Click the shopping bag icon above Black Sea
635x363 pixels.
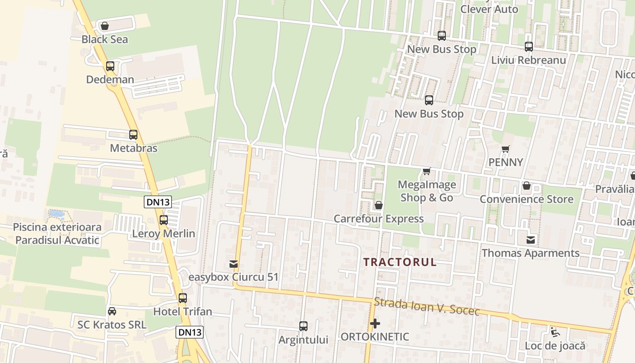pyautogui.click(x=105, y=26)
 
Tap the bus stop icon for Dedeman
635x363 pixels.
pyautogui.click(x=110, y=66)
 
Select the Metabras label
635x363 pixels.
pyautogui.click(x=133, y=148)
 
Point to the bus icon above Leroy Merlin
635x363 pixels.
pyautogui.click(x=164, y=220)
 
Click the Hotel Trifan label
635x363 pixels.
pyautogui.click(x=182, y=312)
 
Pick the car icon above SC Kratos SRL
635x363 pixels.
pyautogui.click(x=112, y=311)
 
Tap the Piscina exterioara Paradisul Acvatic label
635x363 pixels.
pyautogui.click(x=57, y=234)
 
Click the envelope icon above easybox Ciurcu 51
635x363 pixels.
pyautogui.click(x=234, y=264)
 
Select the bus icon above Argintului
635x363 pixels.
pyautogui.click(x=303, y=326)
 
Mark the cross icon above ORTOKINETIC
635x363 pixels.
pyautogui.click(x=375, y=324)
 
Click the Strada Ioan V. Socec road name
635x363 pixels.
pyautogui.click(x=426, y=307)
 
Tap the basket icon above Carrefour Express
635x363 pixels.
pyautogui.click(x=379, y=206)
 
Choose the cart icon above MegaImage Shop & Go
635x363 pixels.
pyautogui.click(x=426, y=171)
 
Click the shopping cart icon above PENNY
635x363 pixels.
pyautogui.click(x=506, y=149)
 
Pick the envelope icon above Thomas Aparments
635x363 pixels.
pyautogui.click(x=531, y=240)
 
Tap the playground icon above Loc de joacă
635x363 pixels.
pyautogui.click(x=555, y=332)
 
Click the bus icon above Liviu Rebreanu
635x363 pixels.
pyautogui.click(x=529, y=46)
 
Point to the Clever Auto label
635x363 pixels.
pyautogui.click(x=489, y=9)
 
